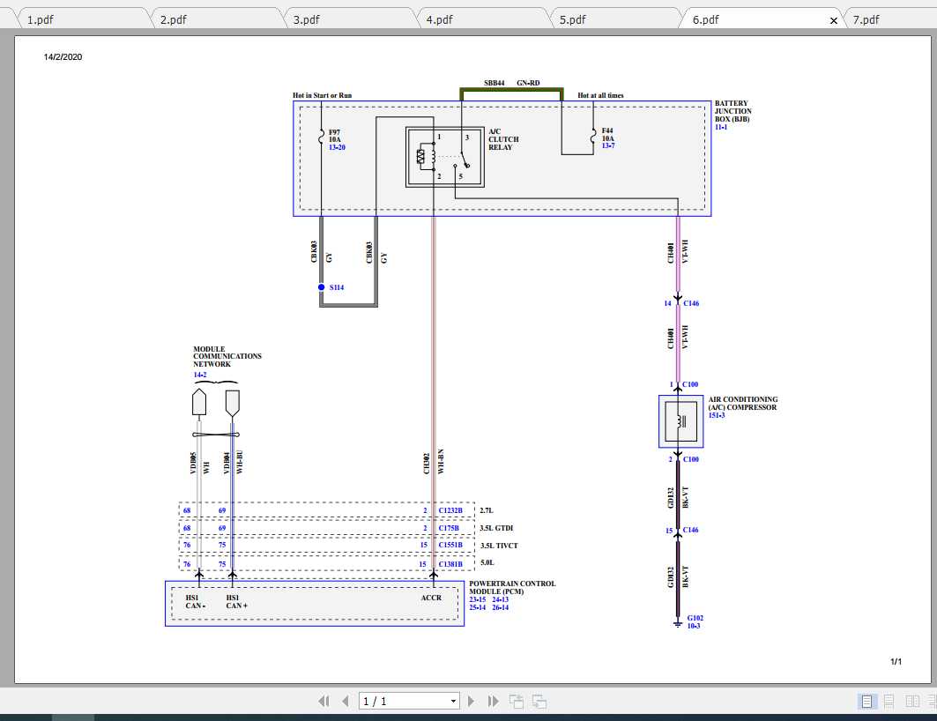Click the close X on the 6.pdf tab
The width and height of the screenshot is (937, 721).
click(x=834, y=20)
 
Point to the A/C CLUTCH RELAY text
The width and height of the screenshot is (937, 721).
click(x=503, y=139)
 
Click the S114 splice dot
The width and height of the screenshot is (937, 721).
click(x=321, y=287)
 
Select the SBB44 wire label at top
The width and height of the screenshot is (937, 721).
click(x=494, y=83)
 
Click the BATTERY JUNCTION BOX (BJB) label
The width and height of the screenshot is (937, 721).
click(x=732, y=111)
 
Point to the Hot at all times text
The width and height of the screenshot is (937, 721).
click(x=600, y=95)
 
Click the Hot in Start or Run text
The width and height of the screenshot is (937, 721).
click(x=323, y=95)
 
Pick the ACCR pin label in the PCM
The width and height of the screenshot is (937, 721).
click(x=432, y=598)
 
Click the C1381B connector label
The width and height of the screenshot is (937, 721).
click(x=450, y=564)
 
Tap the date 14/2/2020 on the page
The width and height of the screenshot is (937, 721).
click(x=63, y=57)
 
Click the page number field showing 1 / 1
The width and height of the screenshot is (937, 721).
click(x=410, y=702)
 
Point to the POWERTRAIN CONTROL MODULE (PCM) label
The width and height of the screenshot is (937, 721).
click(x=511, y=588)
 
